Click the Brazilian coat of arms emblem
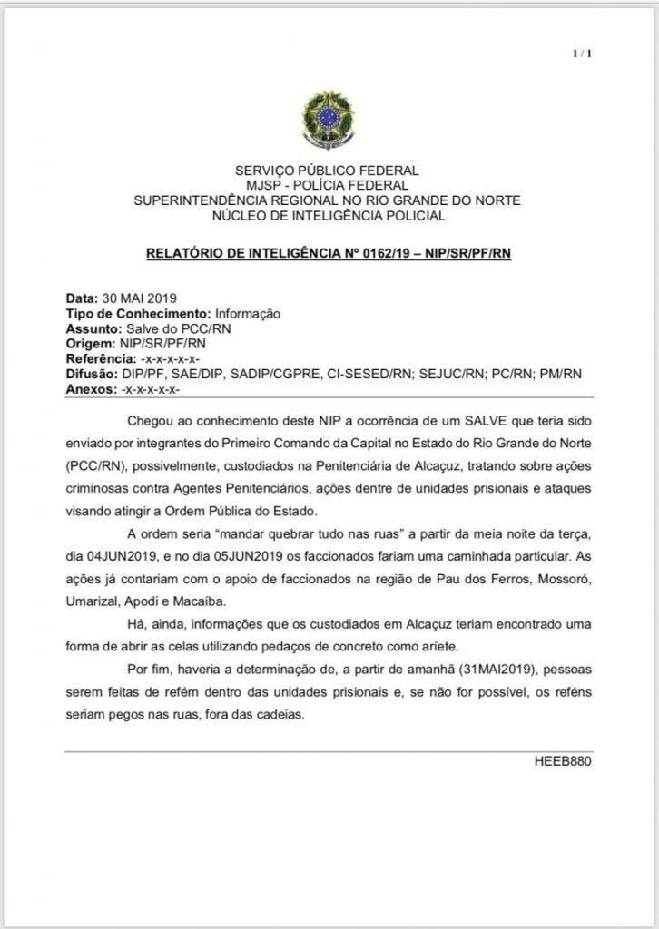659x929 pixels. (329, 123)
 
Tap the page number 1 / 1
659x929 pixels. (582, 54)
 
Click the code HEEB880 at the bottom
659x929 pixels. (563, 760)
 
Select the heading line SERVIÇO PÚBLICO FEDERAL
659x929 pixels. (328, 171)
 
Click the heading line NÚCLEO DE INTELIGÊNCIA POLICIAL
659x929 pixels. (328, 216)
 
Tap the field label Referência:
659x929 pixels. (101, 358)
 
